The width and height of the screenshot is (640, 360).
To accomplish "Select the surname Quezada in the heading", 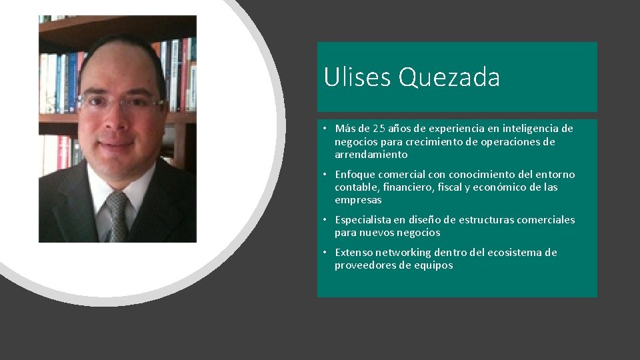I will [x=449, y=78].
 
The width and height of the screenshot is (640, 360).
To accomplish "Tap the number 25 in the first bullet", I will [x=379, y=129].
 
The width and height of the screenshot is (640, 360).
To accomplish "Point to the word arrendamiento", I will [x=371, y=155].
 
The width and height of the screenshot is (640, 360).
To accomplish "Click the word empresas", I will [x=358, y=200].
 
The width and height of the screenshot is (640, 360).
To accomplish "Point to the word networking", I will [x=403, y=253].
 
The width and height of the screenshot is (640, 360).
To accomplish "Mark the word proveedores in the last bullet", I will [x=364, y=265].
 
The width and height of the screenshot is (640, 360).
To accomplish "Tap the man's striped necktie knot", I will [x=118, y=201].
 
